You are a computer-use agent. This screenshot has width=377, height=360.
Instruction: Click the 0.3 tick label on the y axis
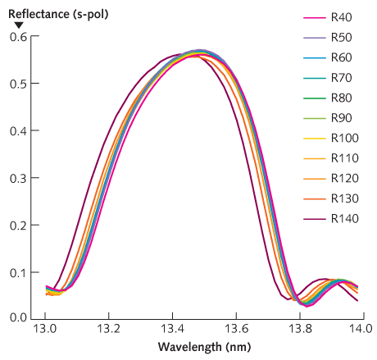pyautogui.click(x=18, y=177)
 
